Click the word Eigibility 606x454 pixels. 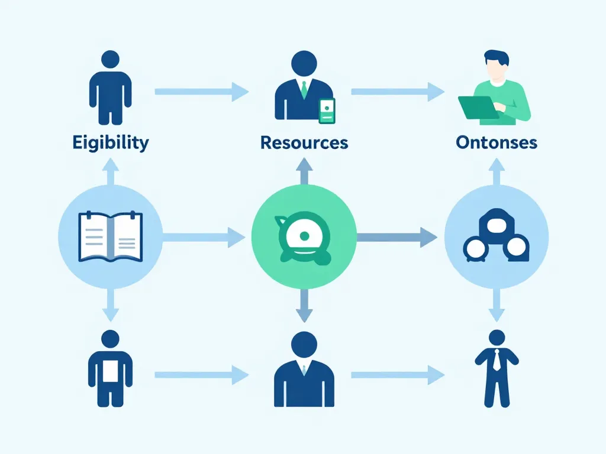(111, 142)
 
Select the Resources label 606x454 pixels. (304, 142)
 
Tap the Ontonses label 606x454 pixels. (497, 142)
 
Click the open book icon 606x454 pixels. (111, 238)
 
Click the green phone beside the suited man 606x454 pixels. (327, 111)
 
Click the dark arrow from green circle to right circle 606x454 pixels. (397, 238)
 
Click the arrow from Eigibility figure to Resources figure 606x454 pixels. (201, 92)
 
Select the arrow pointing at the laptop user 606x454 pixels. (398, 92)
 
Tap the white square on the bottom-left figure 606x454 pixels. (111, 371)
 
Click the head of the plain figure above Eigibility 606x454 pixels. (111, 59)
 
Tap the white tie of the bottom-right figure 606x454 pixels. (497, 360)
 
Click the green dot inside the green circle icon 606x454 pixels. (304, 236)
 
